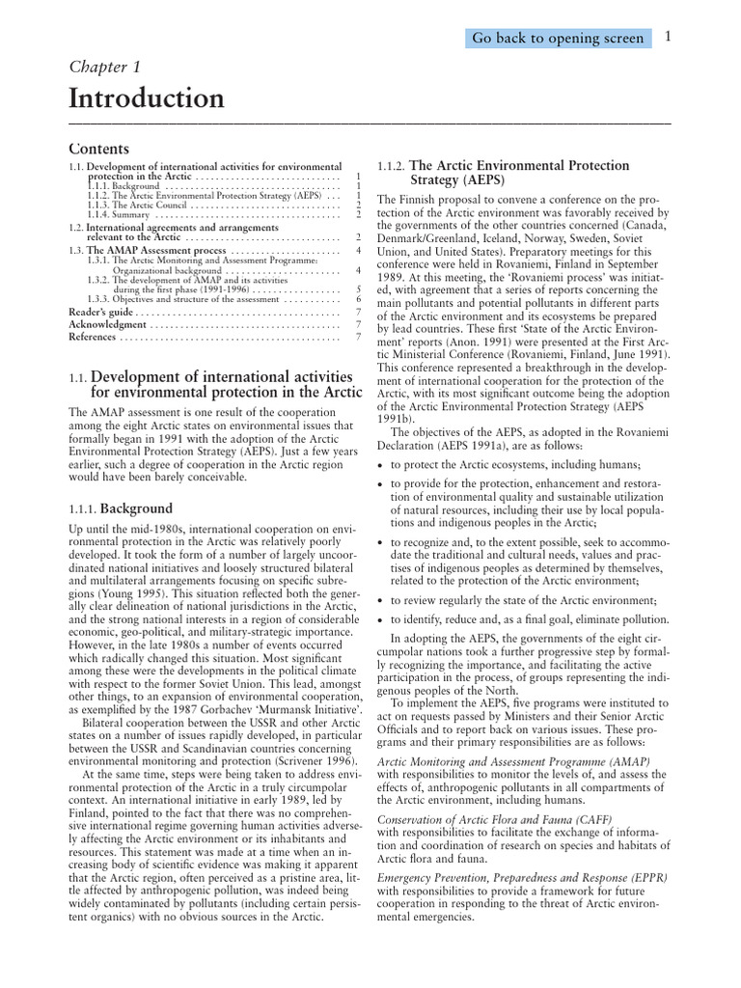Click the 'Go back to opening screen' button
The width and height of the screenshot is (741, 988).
[x=556, y=38]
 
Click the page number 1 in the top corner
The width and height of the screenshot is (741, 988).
[x=667, y=37]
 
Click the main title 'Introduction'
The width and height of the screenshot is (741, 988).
[x=146, y=98]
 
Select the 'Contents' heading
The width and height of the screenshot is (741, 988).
[x=98, y=149]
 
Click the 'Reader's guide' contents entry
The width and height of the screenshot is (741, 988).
[x=100, y=312]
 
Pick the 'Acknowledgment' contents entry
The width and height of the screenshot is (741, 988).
[x=107, y=324]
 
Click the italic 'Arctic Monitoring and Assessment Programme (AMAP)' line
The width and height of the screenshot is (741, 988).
[x=513, y=761]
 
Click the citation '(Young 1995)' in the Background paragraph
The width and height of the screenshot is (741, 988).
[x=114, y=595]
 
